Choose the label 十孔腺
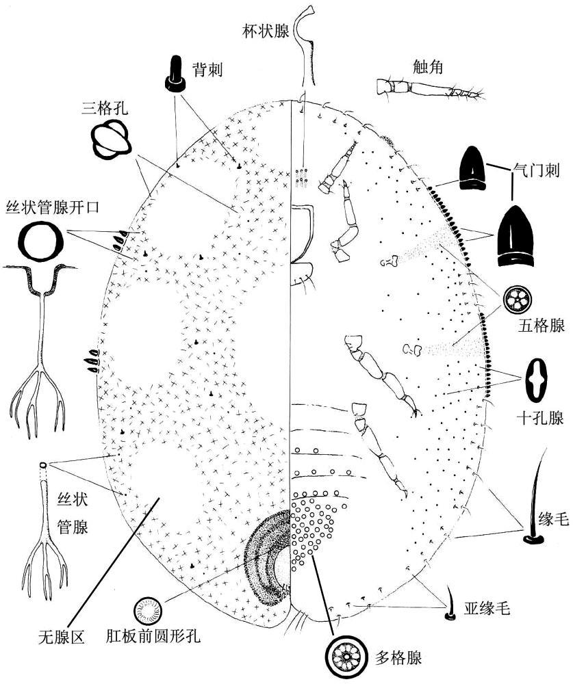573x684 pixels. click(x=540, y=418)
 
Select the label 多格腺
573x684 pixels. click(x=398, y=658)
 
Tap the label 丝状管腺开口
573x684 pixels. click(x=52, y=207)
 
